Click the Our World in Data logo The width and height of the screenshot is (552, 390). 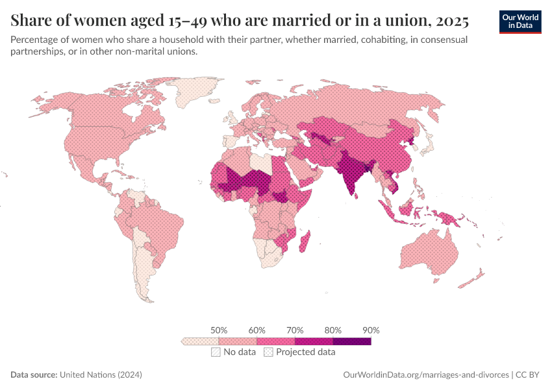(x=520, y=21)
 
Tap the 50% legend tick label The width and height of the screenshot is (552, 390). (x=219, y=330)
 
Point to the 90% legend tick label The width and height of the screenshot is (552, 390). (x=371, y=330)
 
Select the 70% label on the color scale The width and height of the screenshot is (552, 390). (x=295, y=330)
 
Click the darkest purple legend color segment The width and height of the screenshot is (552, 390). (x=352, y=341)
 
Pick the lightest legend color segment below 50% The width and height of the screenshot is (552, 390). (x=200, y=341)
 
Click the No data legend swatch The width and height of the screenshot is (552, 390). (x=216, y=352)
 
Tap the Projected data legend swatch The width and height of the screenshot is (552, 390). (x=268, y=352)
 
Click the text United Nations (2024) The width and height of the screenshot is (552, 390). (x=101, y=375)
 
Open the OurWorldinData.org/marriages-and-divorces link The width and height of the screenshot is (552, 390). (x=425, y=375)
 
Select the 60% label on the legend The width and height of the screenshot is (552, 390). (x=257, y=330)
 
